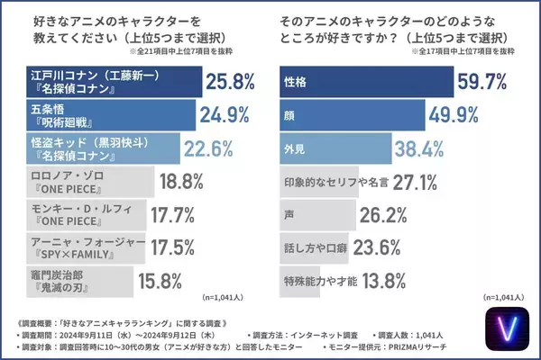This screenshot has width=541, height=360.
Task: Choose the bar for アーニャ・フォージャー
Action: click(80, 248)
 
